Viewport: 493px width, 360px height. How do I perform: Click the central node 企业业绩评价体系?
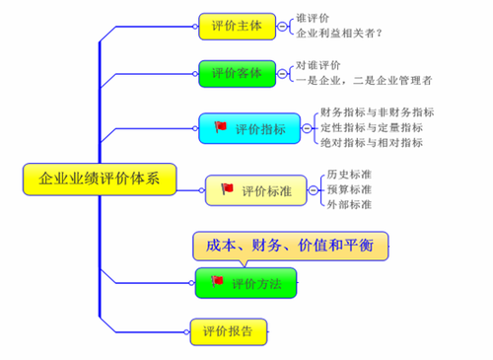click(x=99, y=179)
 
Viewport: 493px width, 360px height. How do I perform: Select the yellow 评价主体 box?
click(x=237, y=27)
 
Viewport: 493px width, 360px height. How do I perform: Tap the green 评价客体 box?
click(x=237, y=73)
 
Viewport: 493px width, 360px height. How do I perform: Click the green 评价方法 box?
click(x=245, y=283)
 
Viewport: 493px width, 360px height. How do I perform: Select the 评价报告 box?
click(x=228, y=330)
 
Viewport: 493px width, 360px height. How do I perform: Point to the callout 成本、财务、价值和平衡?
click(x=290, y=244)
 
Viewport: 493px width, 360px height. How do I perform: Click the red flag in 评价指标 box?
click(x=220, y=126)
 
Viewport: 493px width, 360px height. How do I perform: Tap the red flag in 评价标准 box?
click(x=226, y=188)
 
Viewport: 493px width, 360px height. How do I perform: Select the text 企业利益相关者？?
click(x=339, y=35)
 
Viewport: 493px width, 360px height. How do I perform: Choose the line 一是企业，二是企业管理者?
click(x=363, y=80)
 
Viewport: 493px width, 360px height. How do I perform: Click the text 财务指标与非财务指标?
click(x=378, y=112)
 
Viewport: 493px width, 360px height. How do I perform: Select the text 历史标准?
click(x=349, y=175)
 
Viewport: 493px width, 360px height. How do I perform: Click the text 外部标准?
click(x=349, y=204)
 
